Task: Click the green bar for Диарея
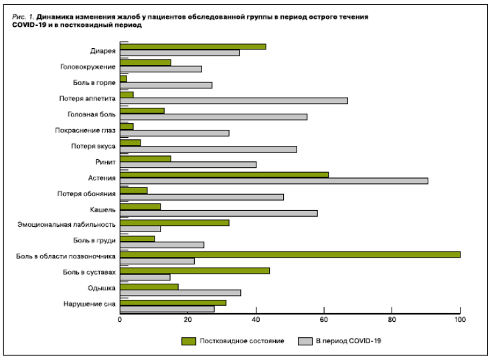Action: coord(193,46)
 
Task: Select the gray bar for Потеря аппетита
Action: coord(234,100)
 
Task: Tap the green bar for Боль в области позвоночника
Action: coord(290,254)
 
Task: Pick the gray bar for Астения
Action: coord(274,181)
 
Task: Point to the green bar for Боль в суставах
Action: coord(195,270)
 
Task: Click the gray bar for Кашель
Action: coord(218,213)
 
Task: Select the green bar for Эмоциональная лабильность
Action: coord(174,222)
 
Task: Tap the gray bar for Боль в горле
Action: coord(166,85)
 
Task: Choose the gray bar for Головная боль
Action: coord(214,116)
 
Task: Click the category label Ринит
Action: coord(106,162)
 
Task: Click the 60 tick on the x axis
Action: coord(324,319)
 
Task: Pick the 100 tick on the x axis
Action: coord(460,319)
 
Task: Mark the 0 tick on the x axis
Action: coord(120,319)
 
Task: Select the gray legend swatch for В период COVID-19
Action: coord(306,341)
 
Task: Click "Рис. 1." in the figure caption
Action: coord(23,15)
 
